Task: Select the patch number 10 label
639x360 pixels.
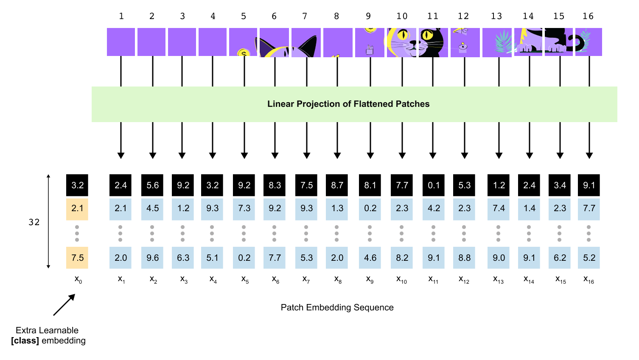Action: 402,16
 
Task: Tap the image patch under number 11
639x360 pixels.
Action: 433,42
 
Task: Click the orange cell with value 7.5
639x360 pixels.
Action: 77,258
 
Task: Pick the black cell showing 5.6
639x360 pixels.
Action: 152,185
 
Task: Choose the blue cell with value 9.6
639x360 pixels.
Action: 152,258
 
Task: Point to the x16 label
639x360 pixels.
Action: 589,279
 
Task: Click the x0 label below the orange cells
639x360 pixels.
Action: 78,279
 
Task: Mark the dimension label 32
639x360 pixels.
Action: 34,222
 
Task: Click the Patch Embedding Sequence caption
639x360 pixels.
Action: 337,307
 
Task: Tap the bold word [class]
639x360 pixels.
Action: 25,340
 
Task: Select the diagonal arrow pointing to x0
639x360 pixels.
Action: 64,305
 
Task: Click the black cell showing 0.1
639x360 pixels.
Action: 434,185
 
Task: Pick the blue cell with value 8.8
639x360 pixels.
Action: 464,258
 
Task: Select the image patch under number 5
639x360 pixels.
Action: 243,42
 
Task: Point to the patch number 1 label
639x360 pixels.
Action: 121,16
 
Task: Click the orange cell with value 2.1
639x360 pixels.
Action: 77,209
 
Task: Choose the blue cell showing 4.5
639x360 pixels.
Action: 152,209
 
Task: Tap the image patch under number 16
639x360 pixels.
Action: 589,42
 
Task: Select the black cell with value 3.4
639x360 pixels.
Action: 560,185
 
